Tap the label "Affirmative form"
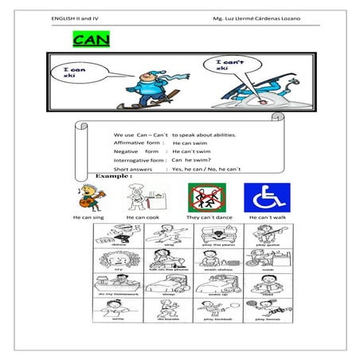coord(139,143)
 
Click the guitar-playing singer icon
coord(88,197)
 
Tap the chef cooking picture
coord(140,196)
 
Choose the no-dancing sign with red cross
coord(201,196)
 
